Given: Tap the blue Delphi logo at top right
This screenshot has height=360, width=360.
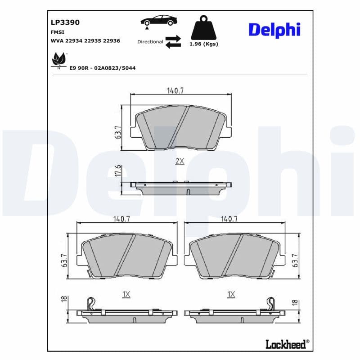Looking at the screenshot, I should (274, 30).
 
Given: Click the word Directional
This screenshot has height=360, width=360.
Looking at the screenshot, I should (150, 41).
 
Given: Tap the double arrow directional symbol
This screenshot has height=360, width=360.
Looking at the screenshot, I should (173, 41).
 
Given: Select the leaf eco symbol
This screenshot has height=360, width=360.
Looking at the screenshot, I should (59, 59).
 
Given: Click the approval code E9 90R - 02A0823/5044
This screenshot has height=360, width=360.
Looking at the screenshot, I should (102, 67).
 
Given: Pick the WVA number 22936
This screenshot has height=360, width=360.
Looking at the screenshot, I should (111, 41).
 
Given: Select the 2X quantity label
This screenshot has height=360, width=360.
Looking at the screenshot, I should (180, 161).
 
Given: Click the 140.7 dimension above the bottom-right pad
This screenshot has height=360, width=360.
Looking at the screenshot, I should (229, 219).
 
